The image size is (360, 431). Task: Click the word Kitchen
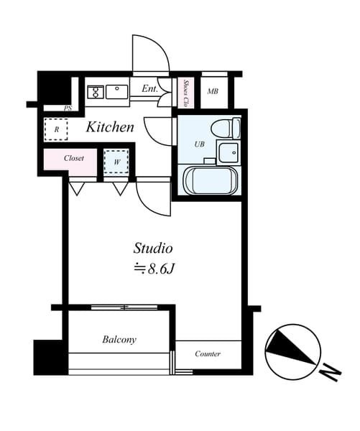[x=111, y=128]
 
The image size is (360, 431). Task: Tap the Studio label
[x=153, y=249]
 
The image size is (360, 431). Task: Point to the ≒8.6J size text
[x=153, y=270]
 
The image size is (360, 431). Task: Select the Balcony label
[x=119, y=339]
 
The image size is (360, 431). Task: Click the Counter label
[x=208, y=353]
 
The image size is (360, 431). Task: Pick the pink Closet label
[x=74, y=158]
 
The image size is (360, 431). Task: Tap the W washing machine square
[x=116, y=162]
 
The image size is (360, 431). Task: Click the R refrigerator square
[x=56, y=129]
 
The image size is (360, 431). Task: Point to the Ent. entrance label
[x=150, y=89]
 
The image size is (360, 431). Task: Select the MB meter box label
[x=213, y=91]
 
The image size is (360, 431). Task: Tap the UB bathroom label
[x=200, y=144]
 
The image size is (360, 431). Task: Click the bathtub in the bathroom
[x=210, y=180]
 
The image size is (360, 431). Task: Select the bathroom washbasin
[x=229, y=152]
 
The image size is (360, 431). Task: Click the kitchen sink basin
[x=117, y=91]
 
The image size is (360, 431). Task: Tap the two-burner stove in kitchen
[x=96, y=91]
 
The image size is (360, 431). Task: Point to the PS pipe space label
[x=68, y=108]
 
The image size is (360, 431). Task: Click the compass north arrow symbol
[x=292, y=349]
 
